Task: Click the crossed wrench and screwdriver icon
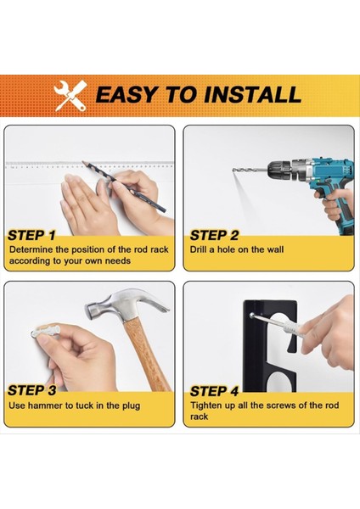pyautogui.click(x=70, y=96)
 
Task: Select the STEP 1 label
pyautogui.click(x=31, y=236)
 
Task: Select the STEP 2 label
pyautogui.click(x=214, y=236)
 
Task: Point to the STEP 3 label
pyautogui.click(x=32, y=391)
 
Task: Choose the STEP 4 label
pyautogui.click(x=215, y=391)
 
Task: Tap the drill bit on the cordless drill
pyautogui.click(x=250, y=170)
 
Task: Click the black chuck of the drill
pyautogui.click(x=278, y=170)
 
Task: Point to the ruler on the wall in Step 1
pyautogui.click(x=89, y=165)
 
